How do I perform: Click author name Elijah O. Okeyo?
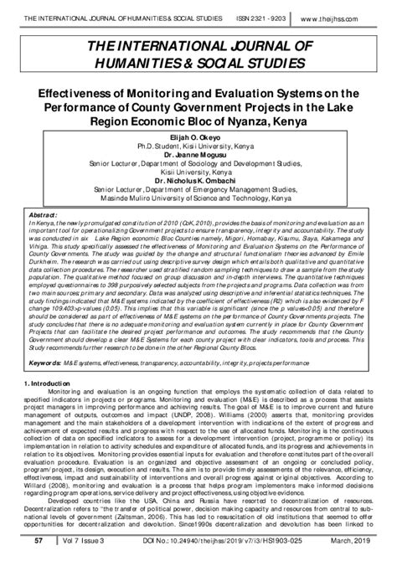coord(198,133)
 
